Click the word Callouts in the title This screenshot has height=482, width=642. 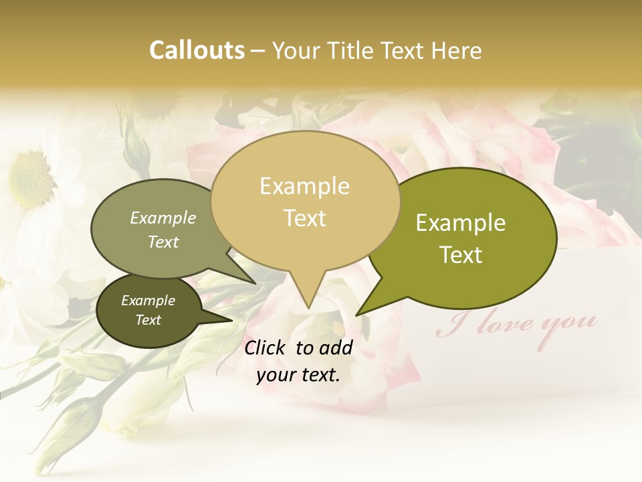tap(197, 50)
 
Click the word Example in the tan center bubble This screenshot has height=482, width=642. tap(304, 186)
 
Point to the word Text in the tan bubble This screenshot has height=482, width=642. tap(304, 218)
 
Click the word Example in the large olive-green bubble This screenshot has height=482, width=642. tap(461, 223)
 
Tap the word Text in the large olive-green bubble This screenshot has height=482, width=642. tap(461, 255)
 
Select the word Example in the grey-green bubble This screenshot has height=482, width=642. tap(163, 218)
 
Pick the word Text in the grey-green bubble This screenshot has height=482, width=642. tap(163, 242)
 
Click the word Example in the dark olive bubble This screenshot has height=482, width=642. tap(148, 301)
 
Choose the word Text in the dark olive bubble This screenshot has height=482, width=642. tap(148, 320)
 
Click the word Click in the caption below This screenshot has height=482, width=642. tap(266, 347)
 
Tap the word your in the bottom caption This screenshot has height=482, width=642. tap(276, 376)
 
